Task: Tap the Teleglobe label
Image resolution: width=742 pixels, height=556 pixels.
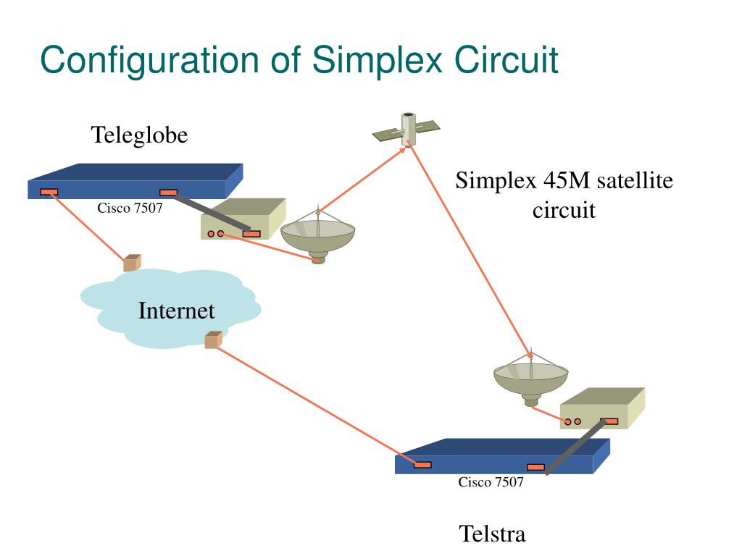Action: [139, 135]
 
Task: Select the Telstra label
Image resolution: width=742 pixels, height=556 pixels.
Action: [492, 534]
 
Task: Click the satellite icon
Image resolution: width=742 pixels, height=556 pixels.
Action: [407, 129]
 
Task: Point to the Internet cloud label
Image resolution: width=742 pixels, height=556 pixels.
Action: [176, 311]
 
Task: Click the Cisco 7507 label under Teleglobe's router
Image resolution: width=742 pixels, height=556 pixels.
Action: [130, 209]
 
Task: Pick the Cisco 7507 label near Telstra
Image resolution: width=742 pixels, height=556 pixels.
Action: [491, 483]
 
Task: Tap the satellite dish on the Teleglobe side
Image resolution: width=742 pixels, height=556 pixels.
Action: [318, 235]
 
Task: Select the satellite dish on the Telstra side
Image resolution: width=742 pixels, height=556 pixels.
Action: [531, 376]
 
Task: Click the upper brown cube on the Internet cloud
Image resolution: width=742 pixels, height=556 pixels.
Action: [132, 263]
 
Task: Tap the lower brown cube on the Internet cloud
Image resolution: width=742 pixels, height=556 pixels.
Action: [213, 340]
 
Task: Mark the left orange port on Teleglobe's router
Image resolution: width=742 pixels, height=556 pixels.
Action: [49, 192]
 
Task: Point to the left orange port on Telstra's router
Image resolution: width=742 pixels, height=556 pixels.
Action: [422, 465]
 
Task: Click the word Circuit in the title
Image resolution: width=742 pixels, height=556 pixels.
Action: [507, 61]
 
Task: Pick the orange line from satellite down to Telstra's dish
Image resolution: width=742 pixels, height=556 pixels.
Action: [471, 246]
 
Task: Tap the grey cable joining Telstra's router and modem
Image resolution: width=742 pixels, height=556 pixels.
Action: [576, 447]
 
